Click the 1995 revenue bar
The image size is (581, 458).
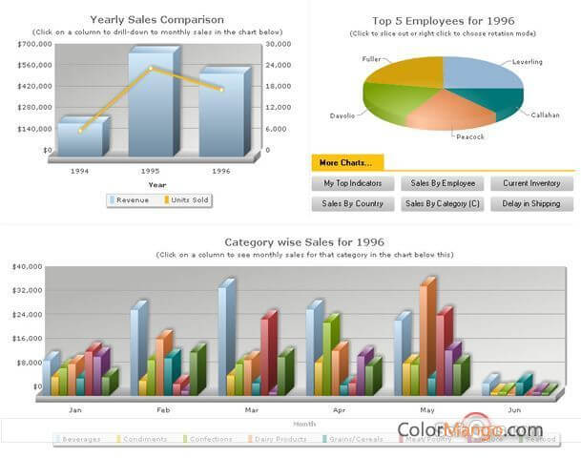click(151, 105)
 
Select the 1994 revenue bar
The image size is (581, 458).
click(79, 137)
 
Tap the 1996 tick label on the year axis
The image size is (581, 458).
click(221, 171)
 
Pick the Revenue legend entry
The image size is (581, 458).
click(133, 199)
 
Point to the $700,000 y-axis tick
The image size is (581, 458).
click(34, 44)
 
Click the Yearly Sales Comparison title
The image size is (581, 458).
click(157, 19)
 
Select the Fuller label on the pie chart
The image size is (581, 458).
click(371, 59)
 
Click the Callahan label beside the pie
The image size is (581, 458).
click(546, 114)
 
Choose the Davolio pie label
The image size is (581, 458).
click(342, 115)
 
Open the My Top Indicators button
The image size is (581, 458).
click(352, 183)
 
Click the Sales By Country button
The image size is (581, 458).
click(352, 203)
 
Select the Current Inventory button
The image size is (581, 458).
click(531, 183)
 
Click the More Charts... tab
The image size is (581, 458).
click(346, 162)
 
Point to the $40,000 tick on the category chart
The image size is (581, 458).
click(26, 266)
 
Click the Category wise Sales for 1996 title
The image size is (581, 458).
click(304, 242)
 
